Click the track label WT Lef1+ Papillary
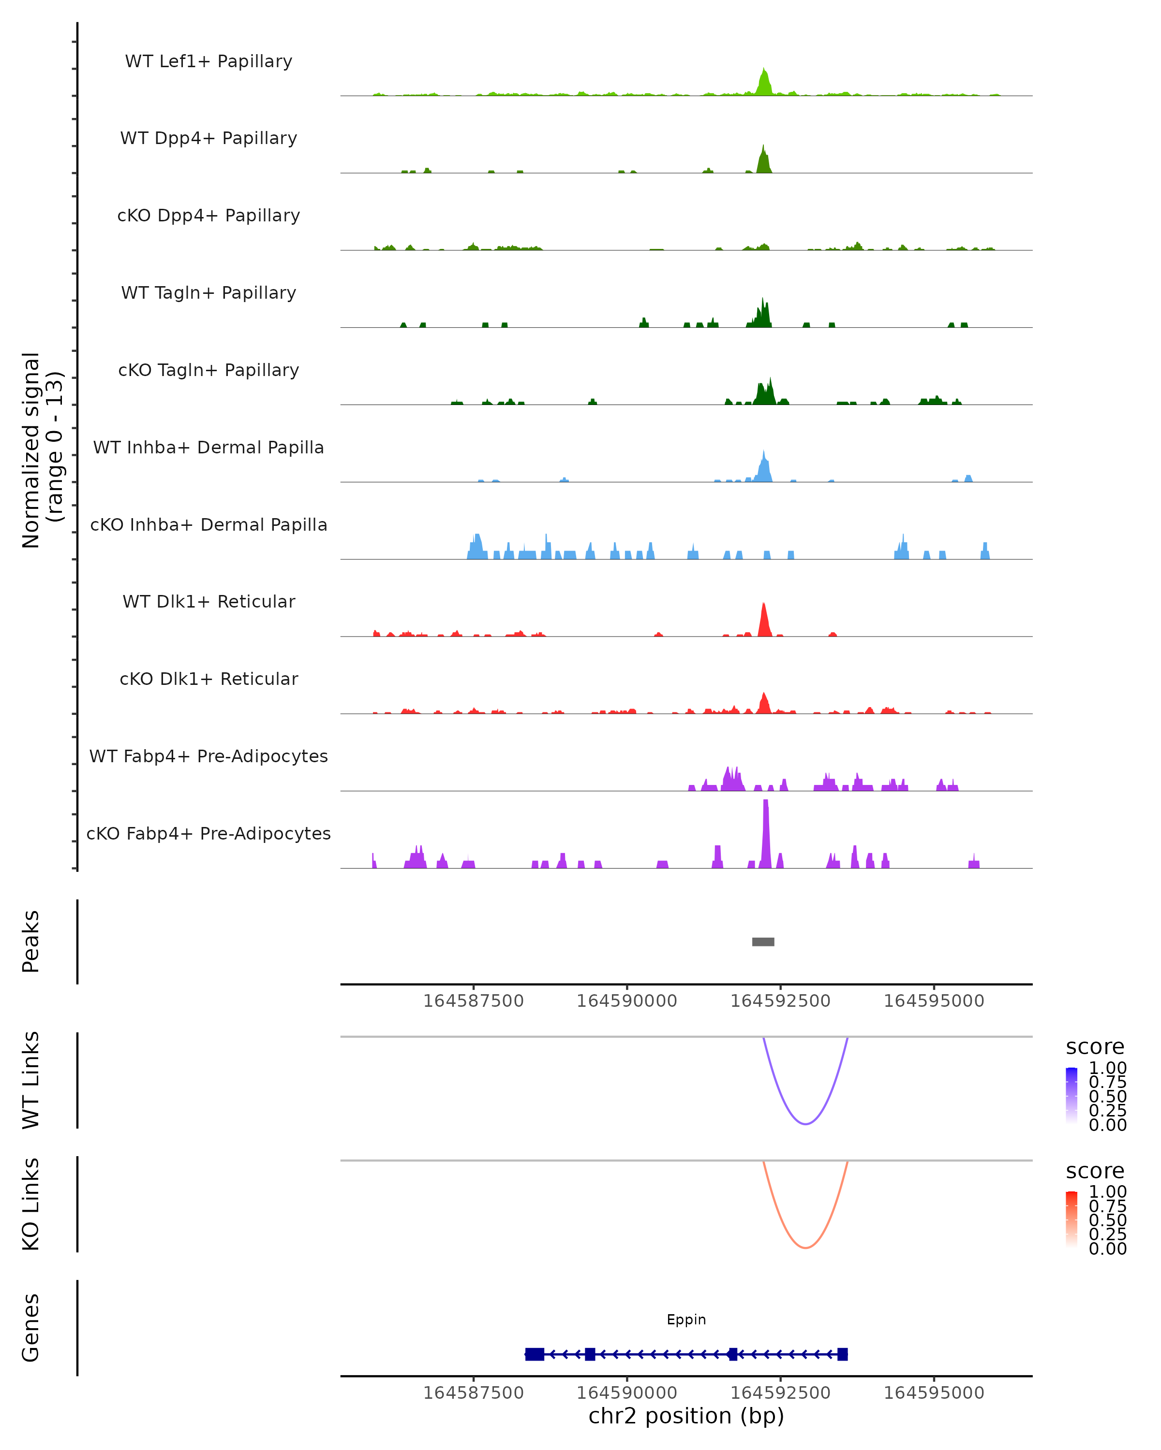pos(208,61)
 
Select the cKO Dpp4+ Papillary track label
pos(208,215)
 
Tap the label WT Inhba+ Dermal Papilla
pos(208,447)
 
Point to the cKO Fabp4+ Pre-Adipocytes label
pos(208,833)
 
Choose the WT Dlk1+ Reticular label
pos(208,601)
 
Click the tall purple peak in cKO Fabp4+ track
pos(765,834)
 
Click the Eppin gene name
pos(686,1319)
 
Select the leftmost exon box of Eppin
pos(535,1354)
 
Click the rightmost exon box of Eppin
pos(842,1354)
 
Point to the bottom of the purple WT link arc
pos(805,1124)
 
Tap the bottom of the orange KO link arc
pos(805,1247)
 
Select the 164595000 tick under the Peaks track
pos(934,1001)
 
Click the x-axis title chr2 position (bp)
pos(686,1416)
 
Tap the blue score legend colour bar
pos(1072,1095)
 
